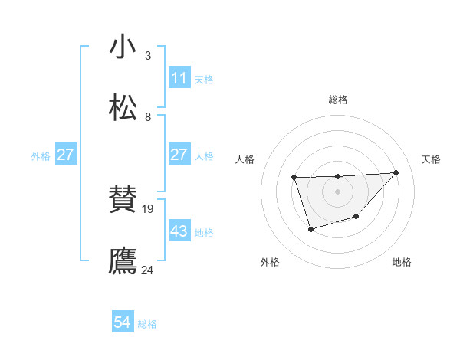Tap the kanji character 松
click(123, 108)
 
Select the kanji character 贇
click(123, 201)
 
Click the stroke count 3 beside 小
click(147, 55)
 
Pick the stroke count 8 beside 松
click(147, 117)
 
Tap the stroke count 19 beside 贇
click(149, 208)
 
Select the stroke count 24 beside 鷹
click(147, 270)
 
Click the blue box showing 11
click(179, 78)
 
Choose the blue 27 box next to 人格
click(179, 155)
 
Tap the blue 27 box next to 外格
click(65, 155)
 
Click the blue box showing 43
click(179, 231)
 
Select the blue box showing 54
click(123, 323)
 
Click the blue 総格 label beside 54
click(147, 324)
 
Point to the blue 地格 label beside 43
click(205, 232)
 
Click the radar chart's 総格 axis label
click(338, 100)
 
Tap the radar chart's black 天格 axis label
click(431, 159)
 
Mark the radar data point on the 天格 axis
click(396, 172)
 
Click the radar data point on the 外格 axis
click(310, 229)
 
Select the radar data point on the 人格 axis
click(294, 178)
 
